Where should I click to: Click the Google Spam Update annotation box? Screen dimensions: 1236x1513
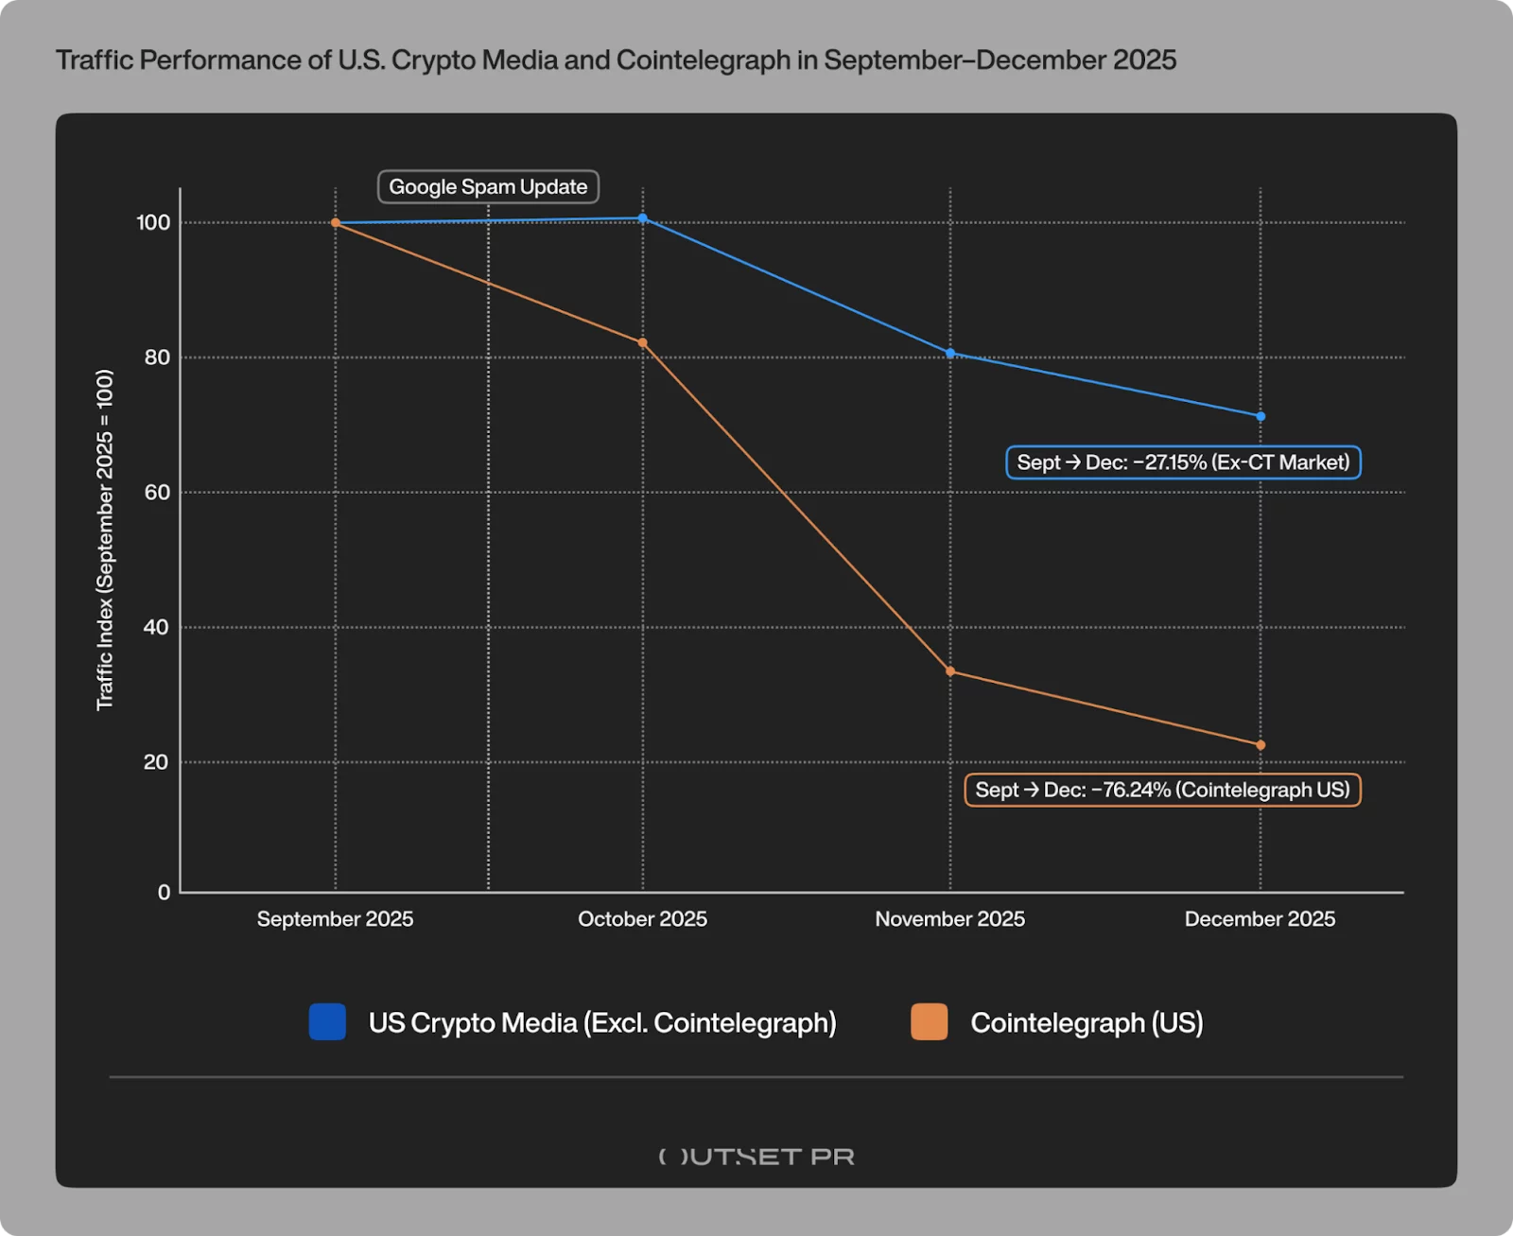(488, 187)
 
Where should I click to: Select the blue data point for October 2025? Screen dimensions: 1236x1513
(643, 218)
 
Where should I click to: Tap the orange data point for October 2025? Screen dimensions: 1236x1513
(643, 343)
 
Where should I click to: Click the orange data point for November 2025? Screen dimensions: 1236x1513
(950, 671)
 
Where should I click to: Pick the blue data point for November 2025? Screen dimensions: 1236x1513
(950, 354)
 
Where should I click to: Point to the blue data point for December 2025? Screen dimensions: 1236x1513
(1261, 417)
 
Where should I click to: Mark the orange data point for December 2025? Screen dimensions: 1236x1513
(1261, 745)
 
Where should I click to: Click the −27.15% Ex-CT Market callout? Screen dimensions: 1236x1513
(1183, 462)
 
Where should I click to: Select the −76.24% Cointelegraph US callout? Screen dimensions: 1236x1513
(1162, 790)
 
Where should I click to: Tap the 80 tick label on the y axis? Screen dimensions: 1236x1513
(157, 357)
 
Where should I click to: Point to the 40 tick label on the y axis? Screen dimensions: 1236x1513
(157, 627)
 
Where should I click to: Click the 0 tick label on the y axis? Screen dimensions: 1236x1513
(165, 892)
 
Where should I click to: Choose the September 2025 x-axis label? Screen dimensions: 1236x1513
(335, 919)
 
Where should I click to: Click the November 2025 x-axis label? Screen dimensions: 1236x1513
(949, 919)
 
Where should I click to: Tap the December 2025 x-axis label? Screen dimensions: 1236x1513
(1260, 919)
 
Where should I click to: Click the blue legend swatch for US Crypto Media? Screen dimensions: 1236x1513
(327, 1022)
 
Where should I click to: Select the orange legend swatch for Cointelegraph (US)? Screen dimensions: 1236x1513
(929, 1022)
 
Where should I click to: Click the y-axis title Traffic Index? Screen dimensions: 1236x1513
(105, 539)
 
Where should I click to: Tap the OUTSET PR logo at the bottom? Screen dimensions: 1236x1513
(756, 1157)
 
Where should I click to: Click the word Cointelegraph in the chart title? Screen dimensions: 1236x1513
(703, 61)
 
